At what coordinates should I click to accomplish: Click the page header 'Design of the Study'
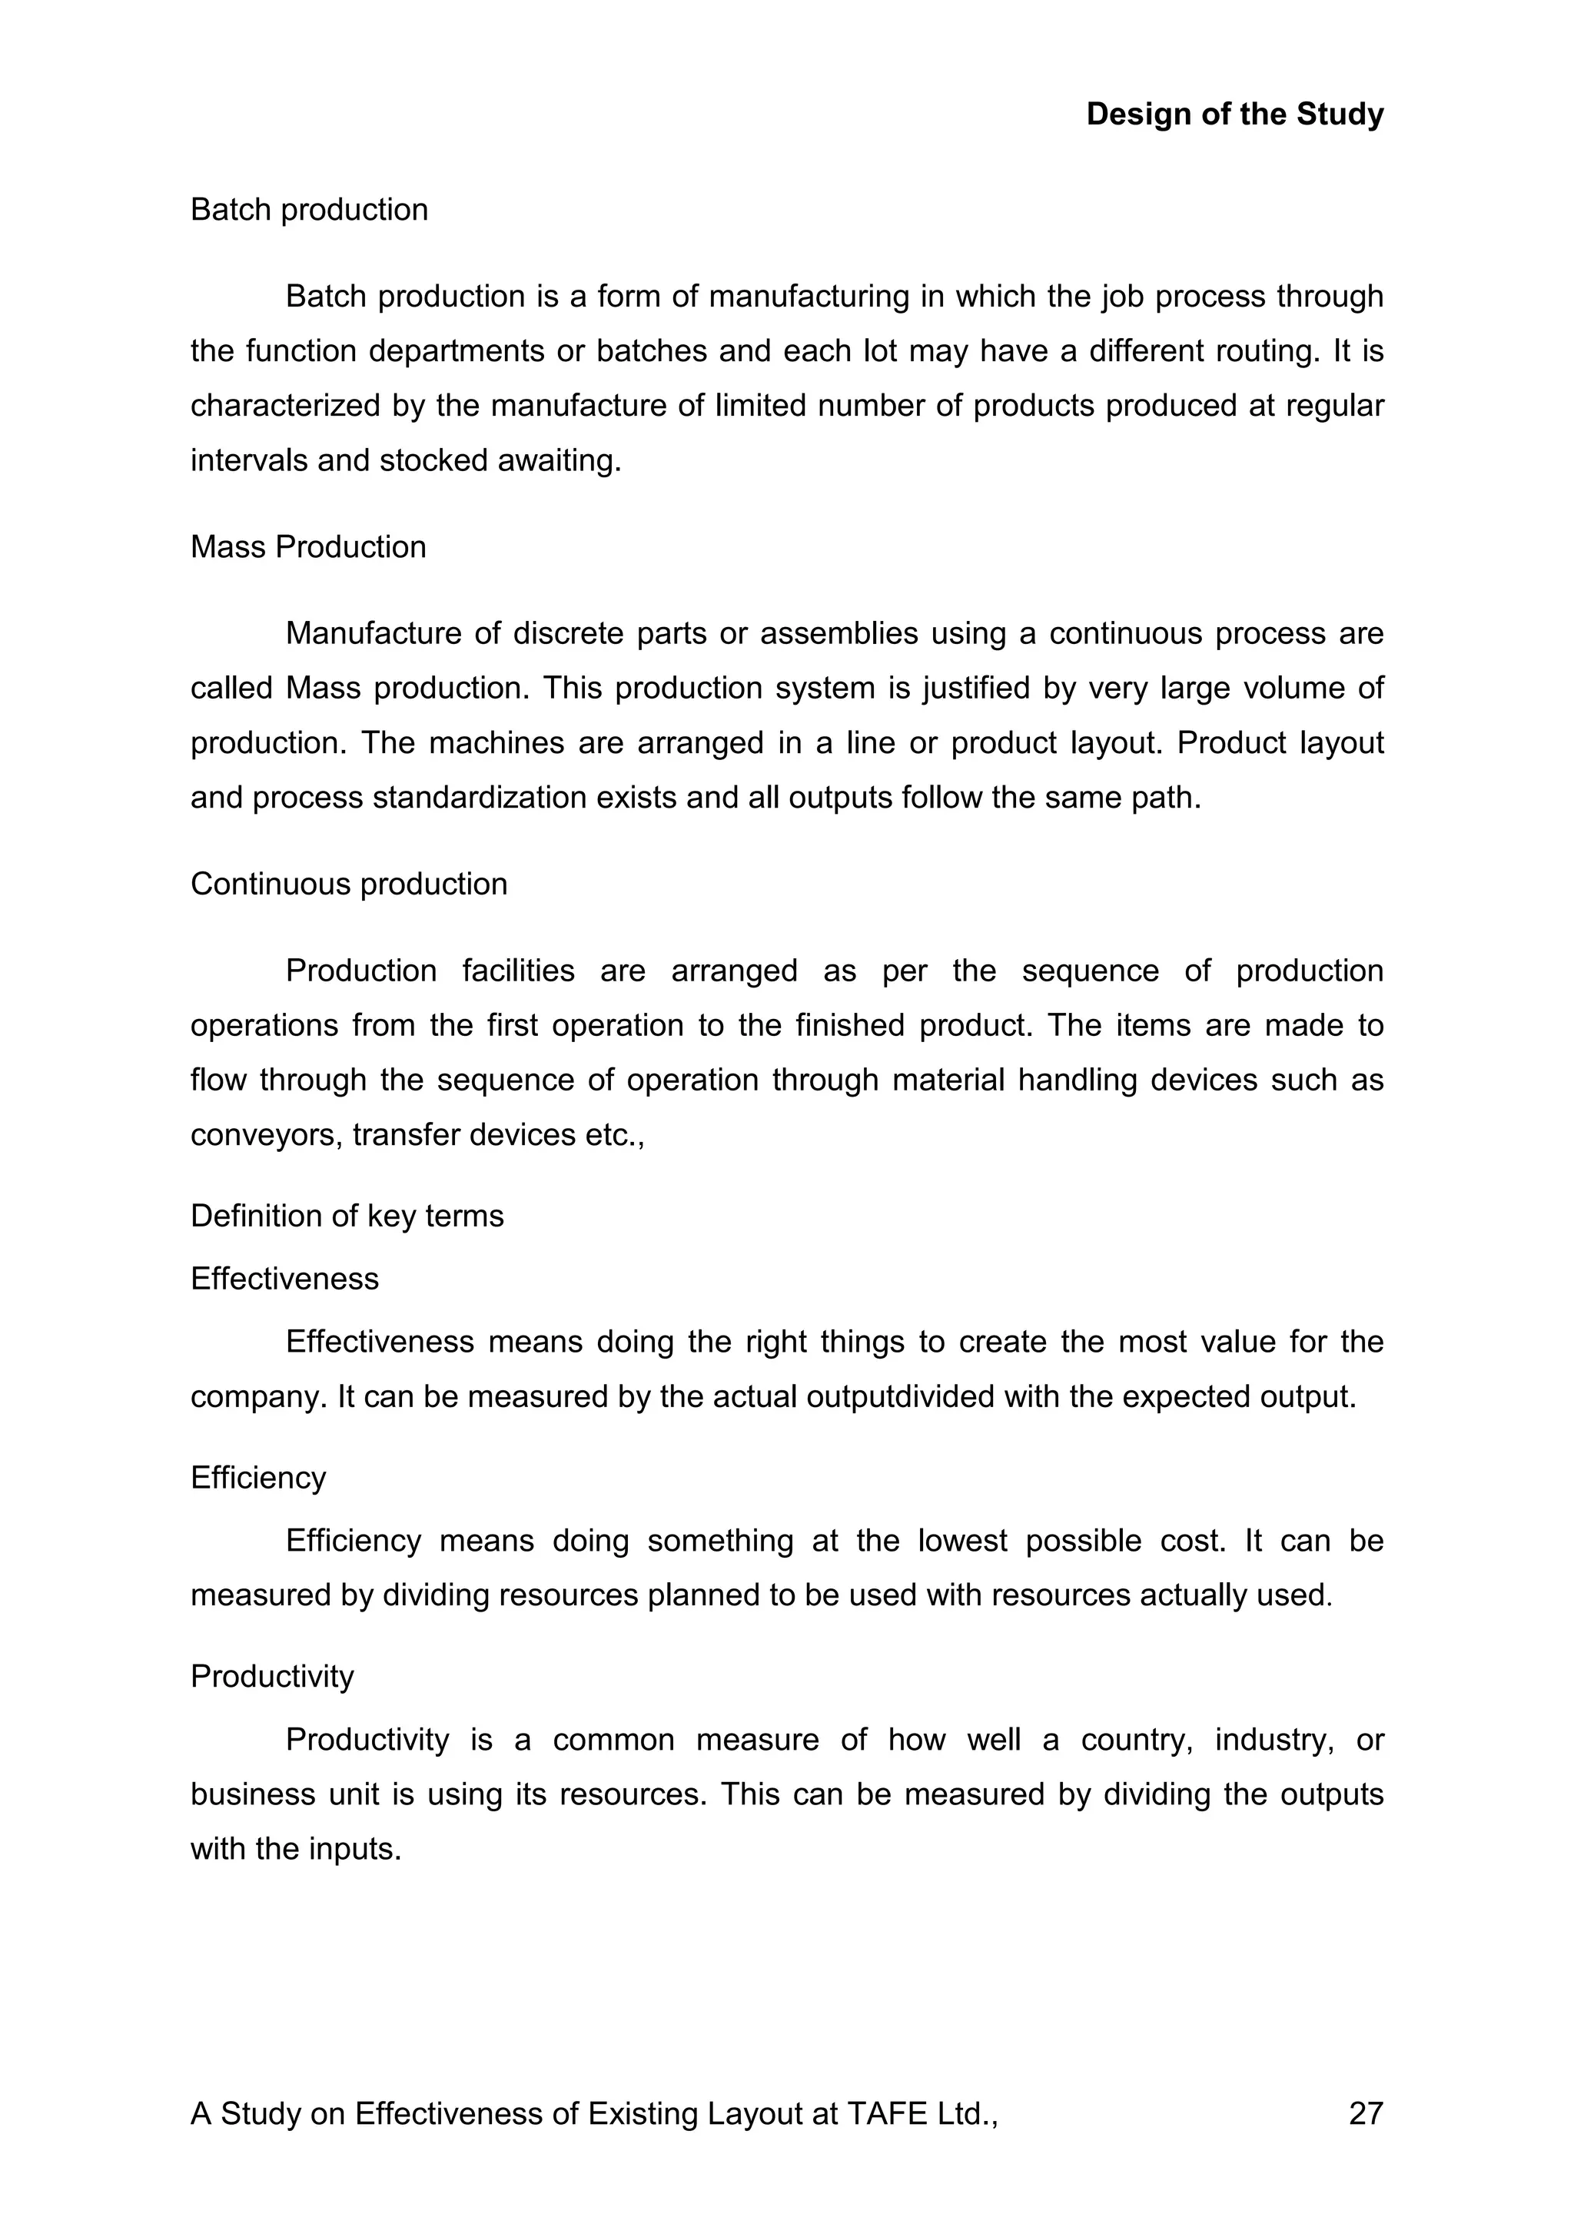click(1234, 115)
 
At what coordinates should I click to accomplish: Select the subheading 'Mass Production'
click(308, 547)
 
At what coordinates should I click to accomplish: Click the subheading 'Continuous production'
click(348, 884)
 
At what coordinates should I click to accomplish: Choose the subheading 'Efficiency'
click(258, 1479)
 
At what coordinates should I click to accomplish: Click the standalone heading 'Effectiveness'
click(284, 1279)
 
